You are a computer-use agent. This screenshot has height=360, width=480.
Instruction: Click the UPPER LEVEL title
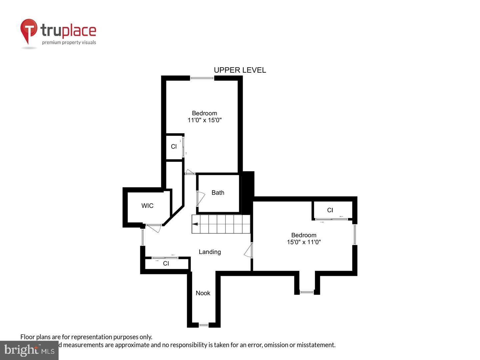(240, 70)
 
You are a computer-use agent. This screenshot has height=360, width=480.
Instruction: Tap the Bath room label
(218, 193)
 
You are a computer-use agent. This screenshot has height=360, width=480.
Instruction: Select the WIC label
(147, 206)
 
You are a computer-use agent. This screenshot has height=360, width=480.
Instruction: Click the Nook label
(203, 293)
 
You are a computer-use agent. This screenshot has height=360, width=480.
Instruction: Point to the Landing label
(210, 252)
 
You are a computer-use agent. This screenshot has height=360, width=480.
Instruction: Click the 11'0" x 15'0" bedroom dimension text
(204, 120)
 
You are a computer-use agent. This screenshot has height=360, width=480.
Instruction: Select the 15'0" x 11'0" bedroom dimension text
(304, 242)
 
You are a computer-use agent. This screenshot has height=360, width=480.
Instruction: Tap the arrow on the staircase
(195, 224)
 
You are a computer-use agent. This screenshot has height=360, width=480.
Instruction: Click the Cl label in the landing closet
(166, 264)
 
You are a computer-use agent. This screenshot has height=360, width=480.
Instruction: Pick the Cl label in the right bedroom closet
(330, 210)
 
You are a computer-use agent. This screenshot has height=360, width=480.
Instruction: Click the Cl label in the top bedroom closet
(174, 147)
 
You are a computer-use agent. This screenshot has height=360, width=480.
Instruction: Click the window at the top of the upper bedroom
(202, 78)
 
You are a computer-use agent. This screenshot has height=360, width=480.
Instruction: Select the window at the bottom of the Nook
(203, 325)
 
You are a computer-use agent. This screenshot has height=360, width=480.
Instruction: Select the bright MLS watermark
(29, 350)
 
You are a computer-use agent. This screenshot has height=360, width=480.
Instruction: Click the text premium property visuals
(69, 42)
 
